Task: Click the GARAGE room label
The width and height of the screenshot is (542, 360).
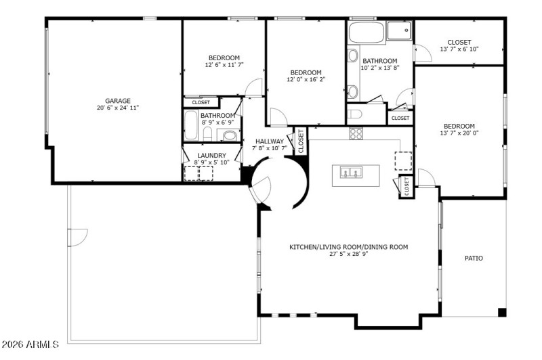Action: coord(117,101)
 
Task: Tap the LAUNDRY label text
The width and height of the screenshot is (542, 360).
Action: coord(211,155)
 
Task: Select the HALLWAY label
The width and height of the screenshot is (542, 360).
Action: coord(270,141)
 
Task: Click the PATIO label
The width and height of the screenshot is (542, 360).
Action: coord(474,258)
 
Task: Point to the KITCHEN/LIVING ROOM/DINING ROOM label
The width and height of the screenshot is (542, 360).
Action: coord(348,247)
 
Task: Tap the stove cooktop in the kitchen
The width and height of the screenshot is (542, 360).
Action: coord(356,133)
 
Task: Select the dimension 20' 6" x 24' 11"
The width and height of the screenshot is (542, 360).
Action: coord(117,108)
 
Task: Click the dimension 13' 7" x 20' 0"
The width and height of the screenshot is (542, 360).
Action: coord(459,133)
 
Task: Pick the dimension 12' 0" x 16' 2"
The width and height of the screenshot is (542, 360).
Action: coord(306,79)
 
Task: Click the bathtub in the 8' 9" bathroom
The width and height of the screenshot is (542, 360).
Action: coord(191,127)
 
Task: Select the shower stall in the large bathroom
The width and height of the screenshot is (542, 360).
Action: coord(399,30)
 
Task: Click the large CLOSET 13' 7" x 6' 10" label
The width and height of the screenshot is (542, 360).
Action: coord(459,42)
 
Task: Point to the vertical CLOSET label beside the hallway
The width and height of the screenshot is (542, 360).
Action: coord(300,141)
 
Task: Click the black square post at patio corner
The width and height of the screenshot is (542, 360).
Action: coord(502,312)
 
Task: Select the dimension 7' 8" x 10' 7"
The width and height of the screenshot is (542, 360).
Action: coord(270,148)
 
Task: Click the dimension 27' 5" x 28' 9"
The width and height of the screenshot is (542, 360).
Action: coord(348,254)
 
